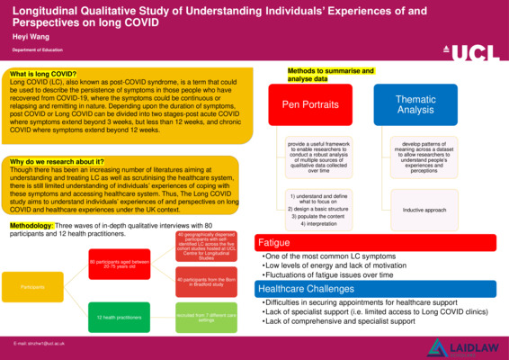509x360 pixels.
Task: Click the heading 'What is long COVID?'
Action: tap(42, 73)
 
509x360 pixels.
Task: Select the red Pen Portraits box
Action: tap(310, 105)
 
